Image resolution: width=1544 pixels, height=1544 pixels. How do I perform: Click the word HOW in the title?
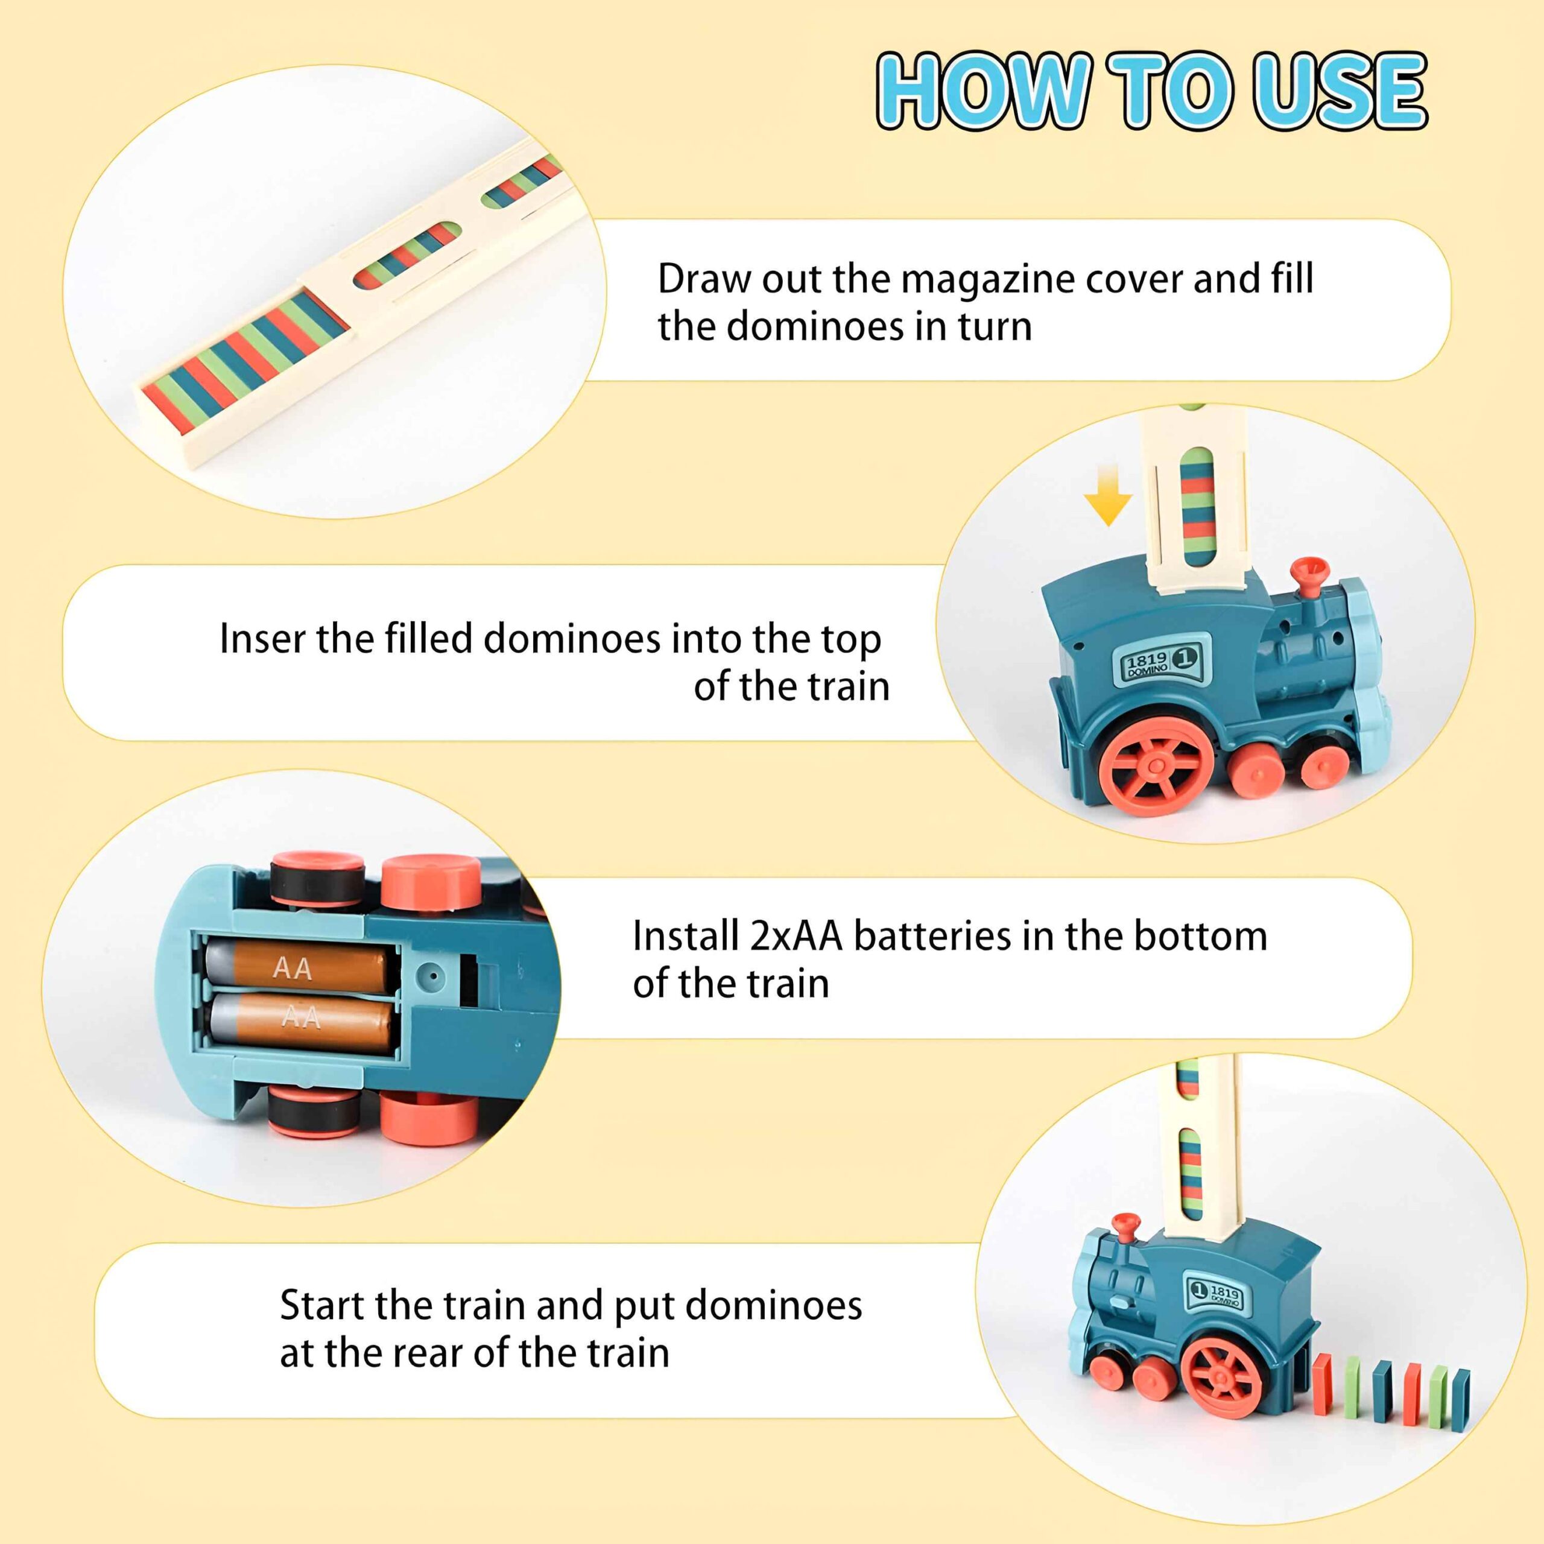pyautogui.click(x=984, y=90)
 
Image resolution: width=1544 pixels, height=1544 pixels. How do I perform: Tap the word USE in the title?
pyautogui.click(x=1341, y=90)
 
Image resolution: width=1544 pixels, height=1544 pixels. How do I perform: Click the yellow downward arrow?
pyautogui.click(x=1108, y=496)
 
